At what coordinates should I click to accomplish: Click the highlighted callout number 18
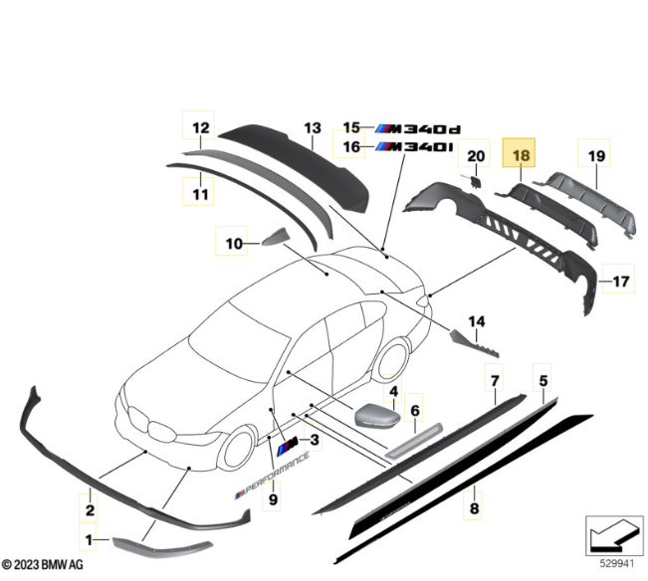522,155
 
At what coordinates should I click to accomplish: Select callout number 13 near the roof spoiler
314,128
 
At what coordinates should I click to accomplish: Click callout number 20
475,156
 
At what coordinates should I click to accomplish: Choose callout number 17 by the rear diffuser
620,282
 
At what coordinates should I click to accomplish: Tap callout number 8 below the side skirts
474,509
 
